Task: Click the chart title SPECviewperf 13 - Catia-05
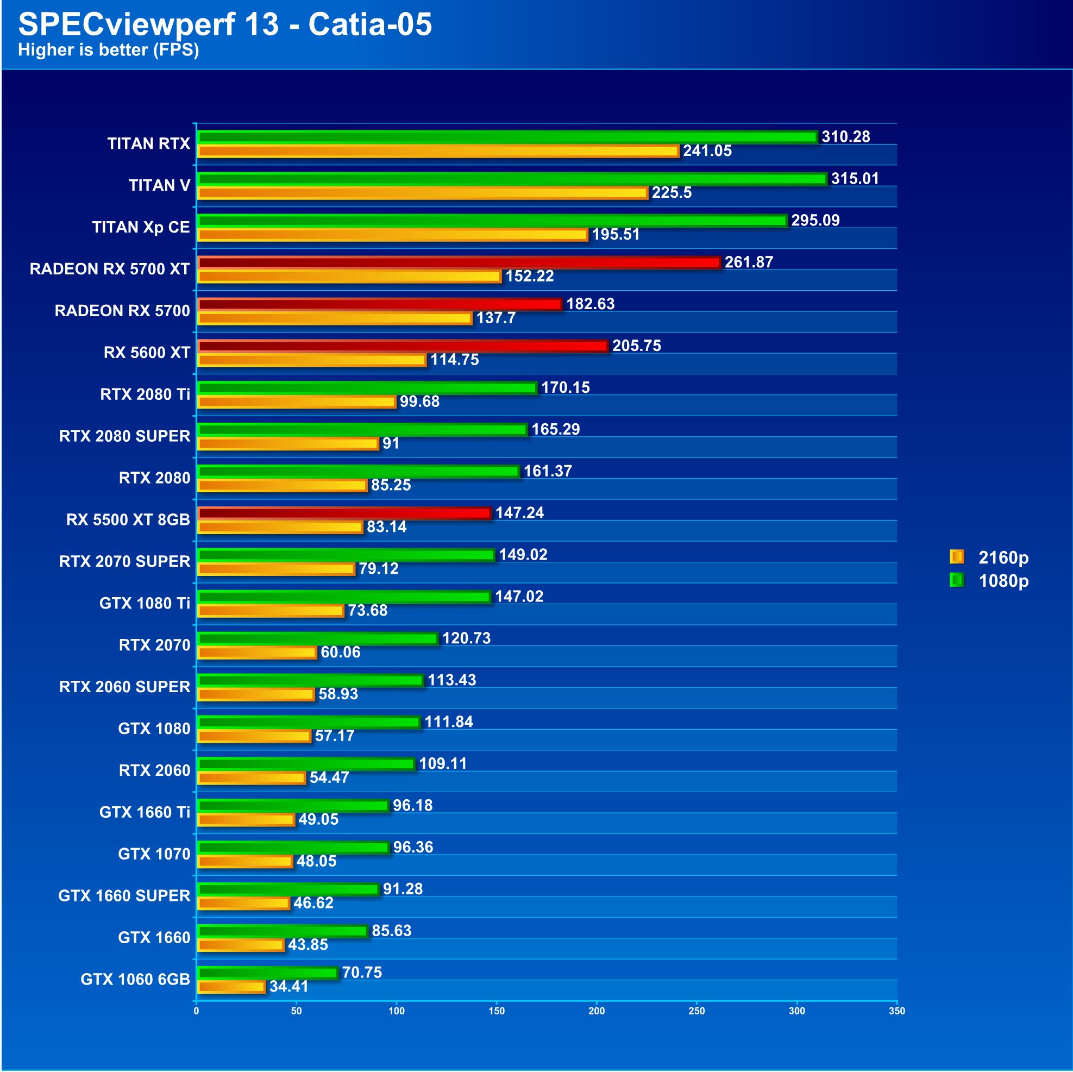tap(225, 24)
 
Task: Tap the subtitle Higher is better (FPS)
tap(108, 50)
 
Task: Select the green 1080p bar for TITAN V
tap(513, 179)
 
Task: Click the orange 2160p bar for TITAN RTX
tap(439, 151)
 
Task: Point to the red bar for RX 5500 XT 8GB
tap(345, 513)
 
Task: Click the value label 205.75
tap(637, 346)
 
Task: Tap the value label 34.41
tap(289, 987)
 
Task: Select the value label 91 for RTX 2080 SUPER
tap(391, 443)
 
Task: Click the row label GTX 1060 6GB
tap(135, 979)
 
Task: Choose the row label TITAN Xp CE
tap(141, 227)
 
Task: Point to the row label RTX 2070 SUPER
tap(125, 562)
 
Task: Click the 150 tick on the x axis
tap(497, 1011)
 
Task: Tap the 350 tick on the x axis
tap(896, 1011)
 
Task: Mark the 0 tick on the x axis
tap(196, 1011)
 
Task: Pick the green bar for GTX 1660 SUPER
tap(289, 889)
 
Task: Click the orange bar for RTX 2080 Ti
tap(297, 402)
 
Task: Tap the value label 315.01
tap(855, 178)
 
